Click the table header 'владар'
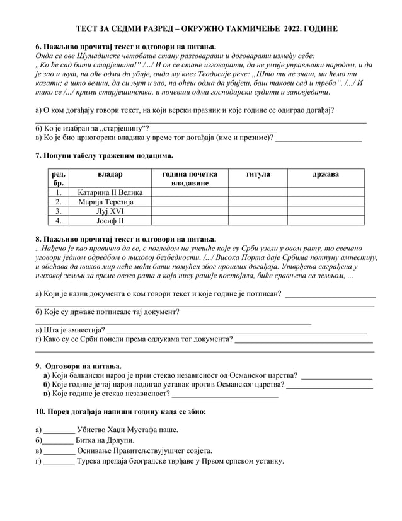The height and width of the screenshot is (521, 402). click(x=110, y=173)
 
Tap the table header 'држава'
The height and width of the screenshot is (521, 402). click(x=325, y=173)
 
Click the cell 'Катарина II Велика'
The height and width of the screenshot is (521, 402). click(x=110, y=192)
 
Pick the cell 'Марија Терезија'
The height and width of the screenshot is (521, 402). click(x=110, y=202)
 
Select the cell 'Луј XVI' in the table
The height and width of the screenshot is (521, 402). click(x=110, y=211)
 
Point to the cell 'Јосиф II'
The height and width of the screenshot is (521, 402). click(x=110, y=221)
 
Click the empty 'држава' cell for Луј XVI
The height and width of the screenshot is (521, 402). click(x=325, y=211)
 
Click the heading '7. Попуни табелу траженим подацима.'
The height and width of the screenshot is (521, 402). click(x=104, y=156)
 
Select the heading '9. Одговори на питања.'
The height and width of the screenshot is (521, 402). click(x=78, y=366)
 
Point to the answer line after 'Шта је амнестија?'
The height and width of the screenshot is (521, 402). click(x=236, y=330)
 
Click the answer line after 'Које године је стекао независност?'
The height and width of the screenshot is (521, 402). click(x=225, y=395)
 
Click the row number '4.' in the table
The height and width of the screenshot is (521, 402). click(x=58, y=221)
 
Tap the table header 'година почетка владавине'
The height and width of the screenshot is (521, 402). click(x=189, y=178)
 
